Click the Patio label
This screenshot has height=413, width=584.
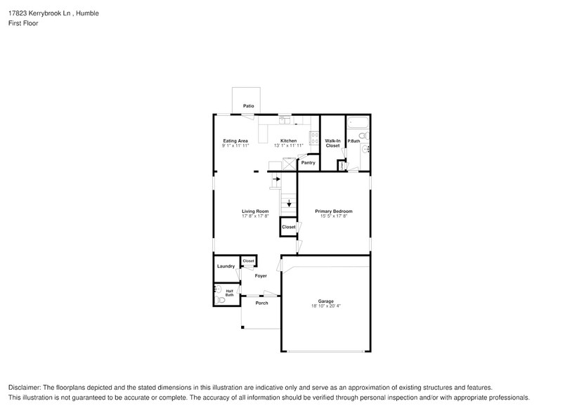click(248, 106)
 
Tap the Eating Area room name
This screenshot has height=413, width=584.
click(235, 140)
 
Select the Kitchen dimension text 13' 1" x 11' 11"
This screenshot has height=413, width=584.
click(288, 145)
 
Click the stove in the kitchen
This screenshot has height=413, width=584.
click(314, 139)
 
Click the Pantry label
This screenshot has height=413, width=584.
click(308, 163)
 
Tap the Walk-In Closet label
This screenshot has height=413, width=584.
click(332, 143)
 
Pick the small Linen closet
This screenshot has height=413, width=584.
click(341, 166)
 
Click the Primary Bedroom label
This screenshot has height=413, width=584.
click(333, 211)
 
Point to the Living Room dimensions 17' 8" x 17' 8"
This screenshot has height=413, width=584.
click(255, 216)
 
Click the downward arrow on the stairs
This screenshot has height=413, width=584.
click(289, 204)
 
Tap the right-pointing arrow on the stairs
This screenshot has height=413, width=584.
click(277, 179)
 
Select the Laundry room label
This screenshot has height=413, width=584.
click(226, 266)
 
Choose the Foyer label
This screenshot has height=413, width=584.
click(261, 276)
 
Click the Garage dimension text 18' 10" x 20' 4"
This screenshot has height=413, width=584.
click(325, 306)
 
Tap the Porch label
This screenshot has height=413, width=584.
click(261, 303)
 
